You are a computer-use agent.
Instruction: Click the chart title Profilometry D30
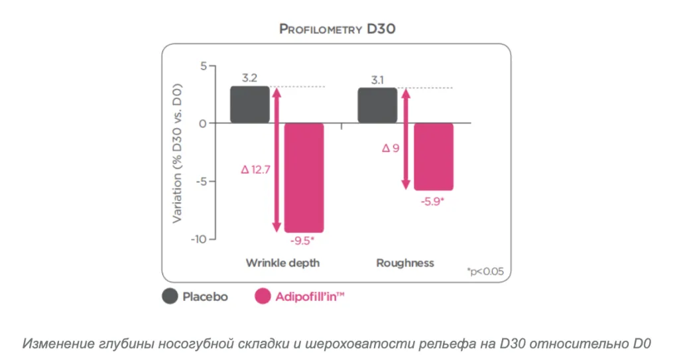[x=338, y=29]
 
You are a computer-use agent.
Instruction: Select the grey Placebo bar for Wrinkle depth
[x=250, y=104]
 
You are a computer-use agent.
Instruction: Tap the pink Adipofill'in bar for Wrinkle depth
[x=304, y=178]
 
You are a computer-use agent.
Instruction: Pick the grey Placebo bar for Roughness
[x=377, y=105]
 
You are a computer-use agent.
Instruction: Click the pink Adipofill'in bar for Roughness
[x=434, y=157]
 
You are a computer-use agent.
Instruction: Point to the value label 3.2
[x=249, y=78]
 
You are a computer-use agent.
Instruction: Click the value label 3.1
[x=377, y=80]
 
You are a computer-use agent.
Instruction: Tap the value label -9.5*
[x=302, y=241]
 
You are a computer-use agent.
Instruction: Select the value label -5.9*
[x=432, y=202]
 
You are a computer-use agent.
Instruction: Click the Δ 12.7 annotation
[x=255, y=169]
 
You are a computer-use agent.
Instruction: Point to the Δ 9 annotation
[x=391, y=148]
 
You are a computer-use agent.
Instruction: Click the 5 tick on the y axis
[x=204, y=66]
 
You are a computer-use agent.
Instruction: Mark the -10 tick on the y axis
[x=199, y=239]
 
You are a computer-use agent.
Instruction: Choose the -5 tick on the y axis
[x=202, y=181]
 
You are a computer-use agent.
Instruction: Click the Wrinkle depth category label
[x=282, y=263]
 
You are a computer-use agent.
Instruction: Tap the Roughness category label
[x=405, y=263]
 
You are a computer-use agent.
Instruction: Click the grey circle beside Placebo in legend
[x=170, y=296]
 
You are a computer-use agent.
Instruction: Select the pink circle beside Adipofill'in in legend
[x=263, y=296]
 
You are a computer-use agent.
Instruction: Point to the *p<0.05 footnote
[x=485, y=272]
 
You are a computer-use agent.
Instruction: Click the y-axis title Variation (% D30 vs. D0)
[x=177, y=153]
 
